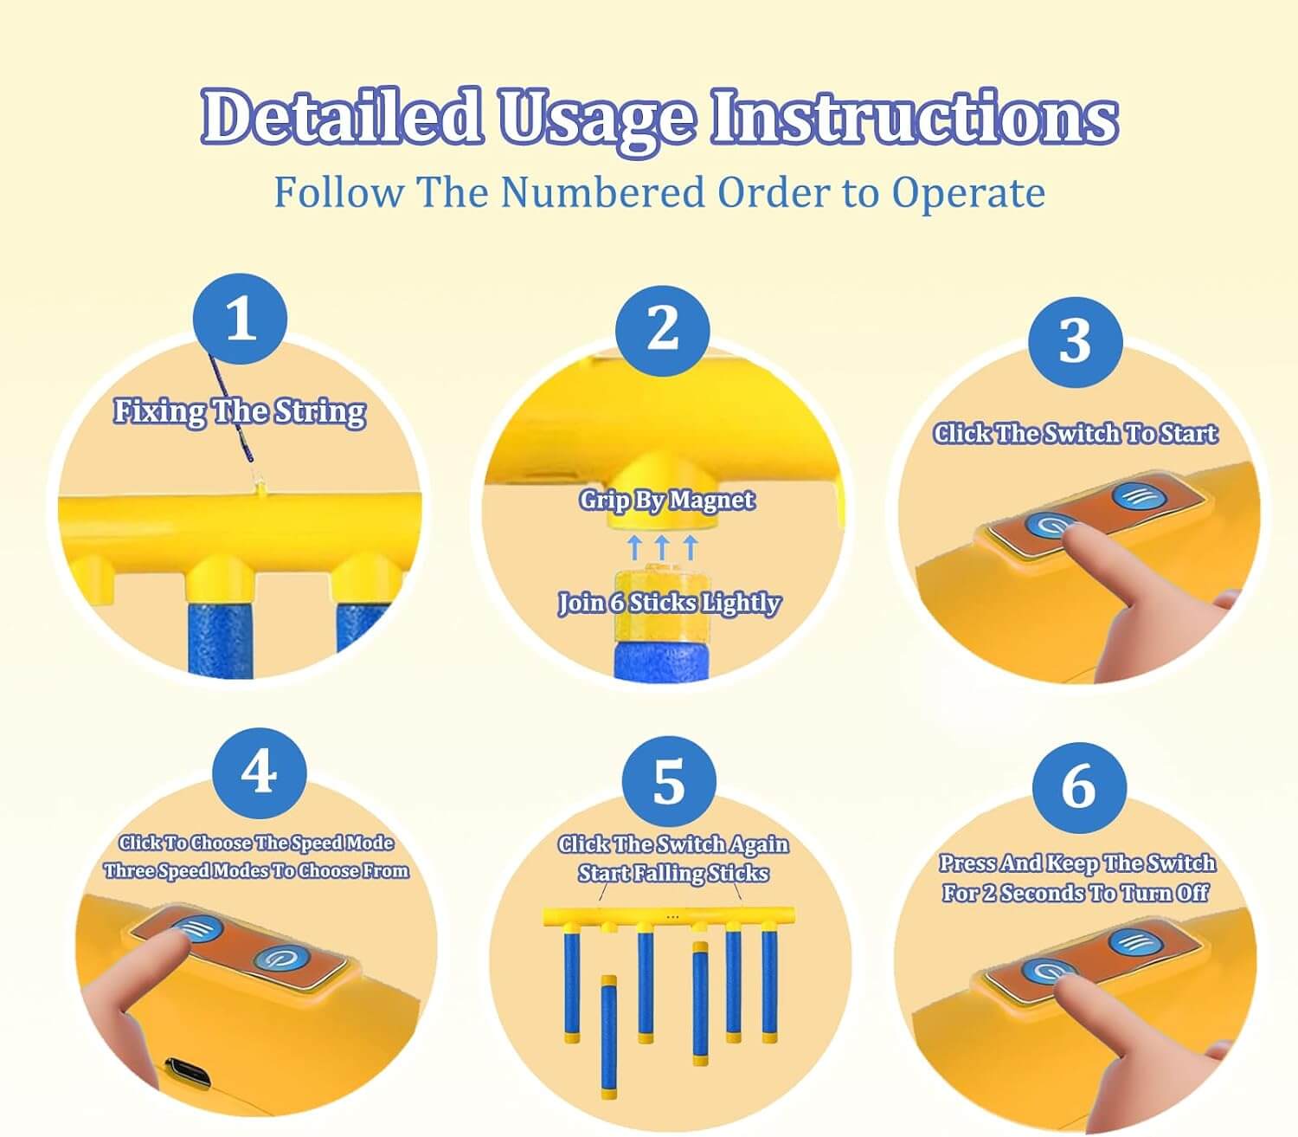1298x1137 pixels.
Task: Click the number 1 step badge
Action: (x=241, y=319)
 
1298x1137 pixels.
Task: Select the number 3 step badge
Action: (x=1076, y=342)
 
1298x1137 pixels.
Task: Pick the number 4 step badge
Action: (x=260, y=774)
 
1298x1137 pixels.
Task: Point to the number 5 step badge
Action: (x=669, y=783)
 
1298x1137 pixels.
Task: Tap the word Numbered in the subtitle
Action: (x=602, y=191)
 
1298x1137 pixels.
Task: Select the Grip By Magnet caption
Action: (x=667, y=501)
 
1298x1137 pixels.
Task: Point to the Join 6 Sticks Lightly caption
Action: (x=669, y=603)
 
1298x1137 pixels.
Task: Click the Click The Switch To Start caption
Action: (x=1076, y=434)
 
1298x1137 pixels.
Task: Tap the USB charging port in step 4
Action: (x=187, y=1074)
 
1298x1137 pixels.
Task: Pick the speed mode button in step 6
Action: (x=1135, y=940)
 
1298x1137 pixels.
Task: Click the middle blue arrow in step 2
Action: (x=662, y=546)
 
